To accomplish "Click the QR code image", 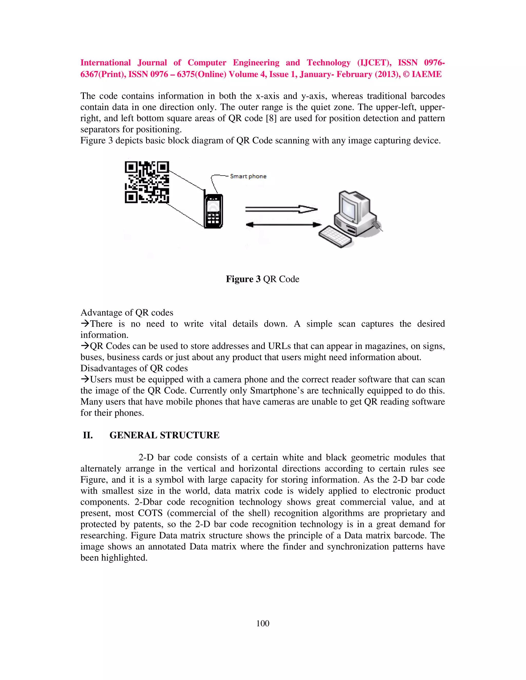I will click(147, 182).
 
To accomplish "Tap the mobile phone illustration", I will click(213, 211).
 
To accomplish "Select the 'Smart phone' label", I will click(248, 176).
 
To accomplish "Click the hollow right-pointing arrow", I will click(281, 209).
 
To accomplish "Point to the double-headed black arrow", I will click(283, 224).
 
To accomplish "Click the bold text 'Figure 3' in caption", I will click(243, 279).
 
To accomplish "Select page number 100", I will click(263, 623).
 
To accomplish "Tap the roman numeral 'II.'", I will click(88, 435).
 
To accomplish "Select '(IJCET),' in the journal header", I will click(374, 63).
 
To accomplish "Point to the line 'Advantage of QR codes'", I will click(127, 313).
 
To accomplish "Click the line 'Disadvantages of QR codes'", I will click(134, 368).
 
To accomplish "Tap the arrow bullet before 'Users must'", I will click(85, 379).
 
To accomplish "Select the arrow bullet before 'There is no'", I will click(85, 324).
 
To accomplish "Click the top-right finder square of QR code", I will click(162, 168).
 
